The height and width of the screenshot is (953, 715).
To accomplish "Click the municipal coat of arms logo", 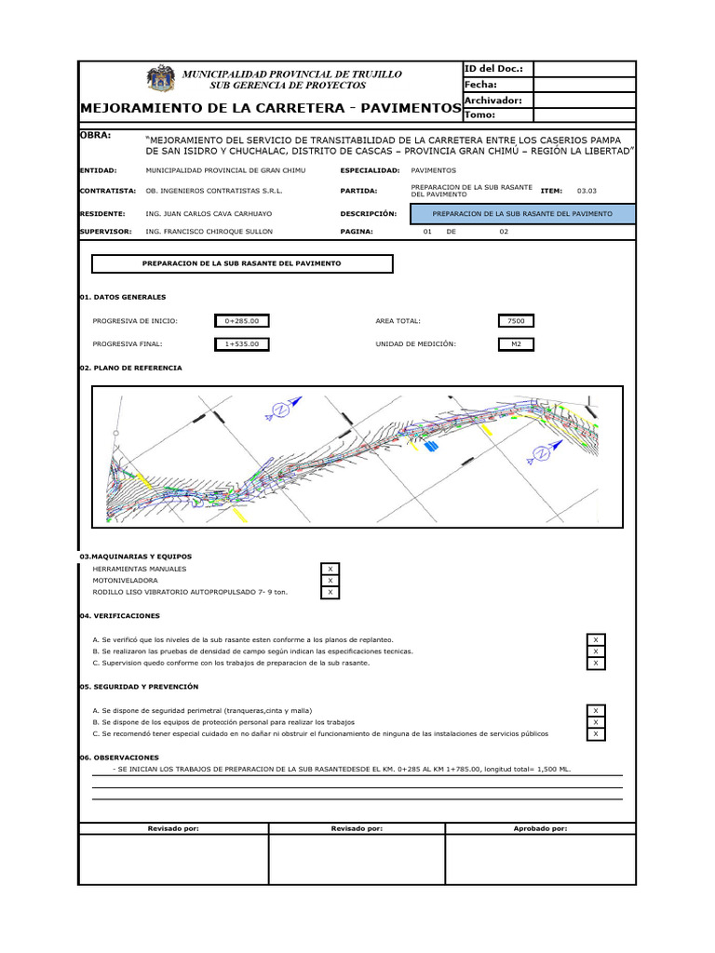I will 161,80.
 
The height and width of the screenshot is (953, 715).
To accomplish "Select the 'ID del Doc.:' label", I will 493,69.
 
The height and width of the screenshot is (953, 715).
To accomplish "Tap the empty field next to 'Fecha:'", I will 584,85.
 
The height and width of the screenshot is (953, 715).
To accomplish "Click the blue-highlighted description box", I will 527,214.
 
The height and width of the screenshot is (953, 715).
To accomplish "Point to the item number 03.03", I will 587,191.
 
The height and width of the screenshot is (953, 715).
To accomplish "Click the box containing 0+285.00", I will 242,321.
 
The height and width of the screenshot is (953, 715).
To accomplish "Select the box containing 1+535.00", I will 242,344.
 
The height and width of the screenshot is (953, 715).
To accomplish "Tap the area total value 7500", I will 516,321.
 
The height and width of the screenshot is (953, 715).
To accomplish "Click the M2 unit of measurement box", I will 516,344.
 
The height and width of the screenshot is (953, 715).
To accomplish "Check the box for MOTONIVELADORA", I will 330,580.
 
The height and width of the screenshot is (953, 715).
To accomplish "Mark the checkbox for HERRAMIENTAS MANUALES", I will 330,569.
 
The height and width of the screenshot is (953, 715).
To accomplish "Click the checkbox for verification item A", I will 596,639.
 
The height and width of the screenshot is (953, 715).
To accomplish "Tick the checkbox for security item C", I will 596,733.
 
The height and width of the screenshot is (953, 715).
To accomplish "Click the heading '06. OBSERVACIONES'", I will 119,758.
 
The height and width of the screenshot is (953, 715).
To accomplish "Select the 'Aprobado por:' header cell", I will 540,828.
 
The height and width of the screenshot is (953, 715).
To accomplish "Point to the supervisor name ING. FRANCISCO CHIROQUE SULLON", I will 209,231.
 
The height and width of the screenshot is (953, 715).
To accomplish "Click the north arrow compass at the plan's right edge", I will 540,454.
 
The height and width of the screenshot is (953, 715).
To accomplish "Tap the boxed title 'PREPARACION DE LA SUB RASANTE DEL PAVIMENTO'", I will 242,264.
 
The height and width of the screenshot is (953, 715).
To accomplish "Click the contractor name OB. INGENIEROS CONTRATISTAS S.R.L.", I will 213,191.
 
